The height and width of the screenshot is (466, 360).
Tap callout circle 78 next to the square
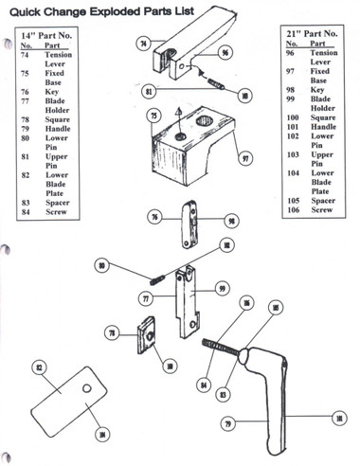click(113, 333)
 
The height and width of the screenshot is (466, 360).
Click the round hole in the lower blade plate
click(86, 388)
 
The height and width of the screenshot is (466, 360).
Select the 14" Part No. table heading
click(54, 35)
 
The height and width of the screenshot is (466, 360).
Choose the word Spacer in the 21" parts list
click(324, 201)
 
